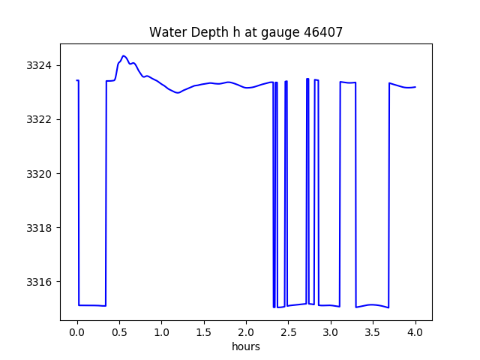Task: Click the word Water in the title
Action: [166, 32]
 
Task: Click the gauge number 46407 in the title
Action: [322, 32]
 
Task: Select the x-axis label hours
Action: [246, 347]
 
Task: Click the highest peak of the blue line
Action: [124, 55]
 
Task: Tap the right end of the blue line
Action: [415, 87]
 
